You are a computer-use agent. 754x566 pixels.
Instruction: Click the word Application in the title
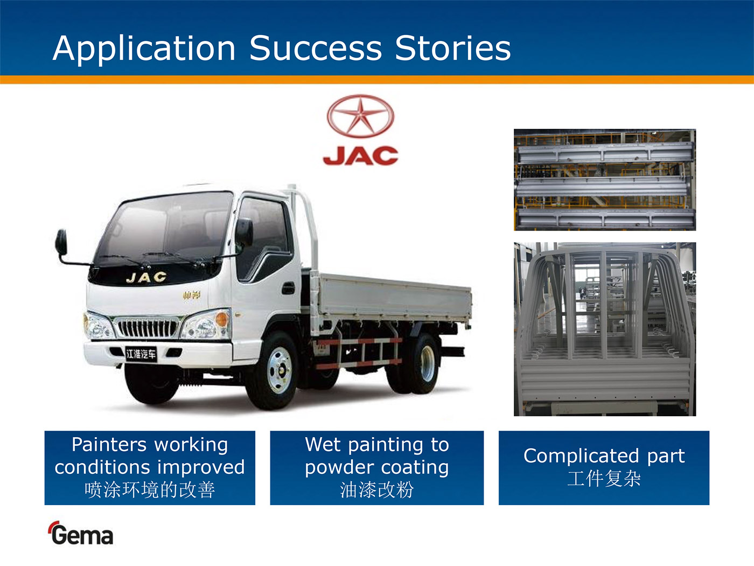pos(144,49)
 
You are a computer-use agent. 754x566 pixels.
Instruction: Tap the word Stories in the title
pos(453,48)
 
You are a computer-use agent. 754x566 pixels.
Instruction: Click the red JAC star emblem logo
pos(360,116)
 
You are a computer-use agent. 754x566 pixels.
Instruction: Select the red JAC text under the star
pos(360,156)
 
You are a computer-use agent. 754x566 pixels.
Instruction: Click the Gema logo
pos(81,533)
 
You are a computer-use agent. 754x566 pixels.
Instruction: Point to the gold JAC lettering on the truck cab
pos(146,277)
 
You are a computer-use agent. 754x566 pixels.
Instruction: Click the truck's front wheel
pos(276,370)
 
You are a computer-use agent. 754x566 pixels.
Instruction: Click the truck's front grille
pos(147,328)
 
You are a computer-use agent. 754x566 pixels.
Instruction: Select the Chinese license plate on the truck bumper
pos(141,354)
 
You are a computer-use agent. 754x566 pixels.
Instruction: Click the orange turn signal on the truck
pos(221,320)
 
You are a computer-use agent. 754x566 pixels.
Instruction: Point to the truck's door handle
pos(288,288)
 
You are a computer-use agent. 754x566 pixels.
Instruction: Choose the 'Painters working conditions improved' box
pos(150,468)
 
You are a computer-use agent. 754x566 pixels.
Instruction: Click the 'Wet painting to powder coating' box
pos(377,468)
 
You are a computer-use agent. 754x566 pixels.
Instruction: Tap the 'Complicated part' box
pos(604,468)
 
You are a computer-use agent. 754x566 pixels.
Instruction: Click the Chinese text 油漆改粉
pos(377,489)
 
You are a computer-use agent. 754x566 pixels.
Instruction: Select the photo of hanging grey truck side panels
pos(605,180)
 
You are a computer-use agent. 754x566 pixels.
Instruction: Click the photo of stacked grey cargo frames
pos(605,329)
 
